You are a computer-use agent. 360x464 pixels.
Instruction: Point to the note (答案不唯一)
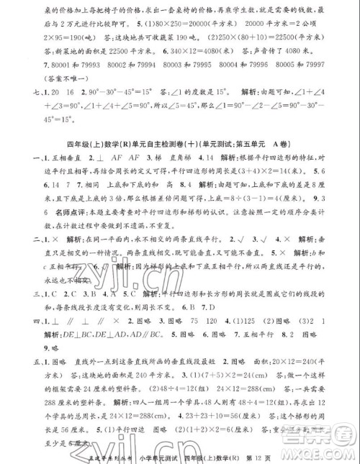[58, 79]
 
